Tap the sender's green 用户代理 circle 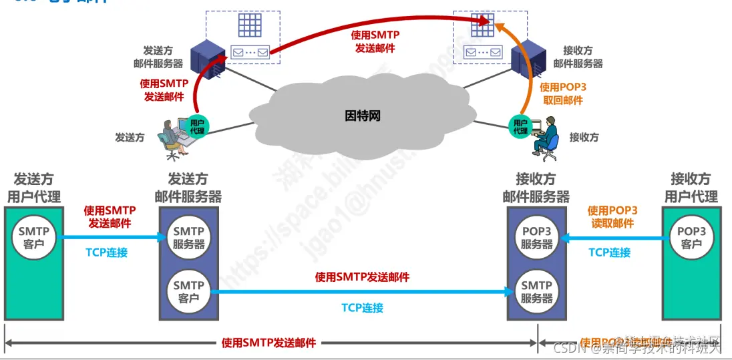pyautogui.click(x=197, y=126)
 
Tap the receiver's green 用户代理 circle pyautogui.click(x=520, y=126)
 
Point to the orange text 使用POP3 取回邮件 pyautogui.click(x=562, y=94)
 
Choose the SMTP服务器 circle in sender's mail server pyautogui.click(x=188, y=237)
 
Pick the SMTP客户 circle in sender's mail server pyautogui.click(x=188, y=291)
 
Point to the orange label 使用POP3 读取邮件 pyautogui.click(x=612, y=217)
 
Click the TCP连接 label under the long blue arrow pyautogui.click(x=363, y=307)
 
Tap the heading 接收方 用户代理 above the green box pyautogui.click(x=691, y=188)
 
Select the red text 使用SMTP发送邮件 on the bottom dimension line pyautogui.click(x=268, y=343)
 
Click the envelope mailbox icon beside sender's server pyautogui.click(x=249, y=52)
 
